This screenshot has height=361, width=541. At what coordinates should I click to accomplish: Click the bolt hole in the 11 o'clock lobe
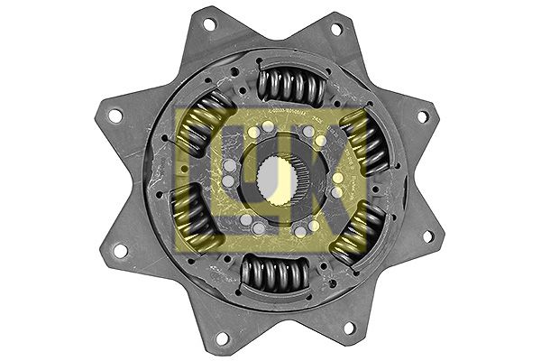click(208, 24)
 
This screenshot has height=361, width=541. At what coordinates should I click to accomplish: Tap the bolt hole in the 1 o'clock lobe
click(335, 29)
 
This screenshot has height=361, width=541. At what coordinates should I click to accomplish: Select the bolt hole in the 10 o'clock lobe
click(115, 115)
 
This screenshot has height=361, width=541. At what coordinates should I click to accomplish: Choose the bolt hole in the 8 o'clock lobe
click(117, 249)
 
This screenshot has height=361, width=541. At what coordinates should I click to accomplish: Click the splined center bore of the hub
click(276, 180)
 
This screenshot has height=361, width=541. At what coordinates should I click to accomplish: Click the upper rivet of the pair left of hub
click(228, 164)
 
